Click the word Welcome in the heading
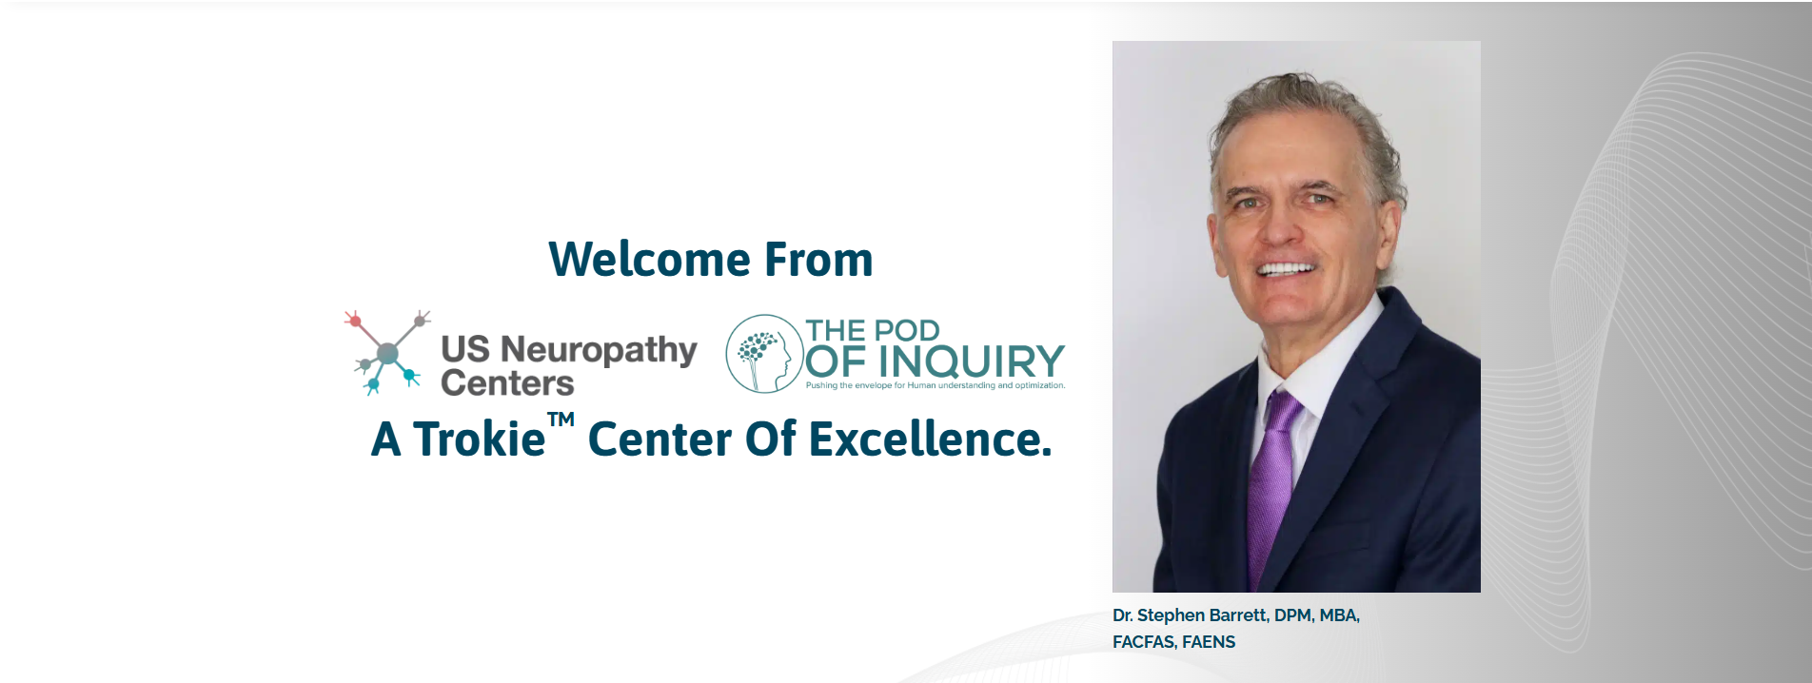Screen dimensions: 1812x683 [x=649, y=260]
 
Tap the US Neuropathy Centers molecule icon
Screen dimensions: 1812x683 [x=386, y=352]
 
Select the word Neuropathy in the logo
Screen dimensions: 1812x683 [x=599, y=351]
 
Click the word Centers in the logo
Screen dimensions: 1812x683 [x=507, y=382]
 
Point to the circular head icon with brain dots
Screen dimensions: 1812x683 [x=764, y=354]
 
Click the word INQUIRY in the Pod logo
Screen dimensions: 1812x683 [x=972, y=361]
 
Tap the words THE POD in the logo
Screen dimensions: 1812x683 [x=873, y=330]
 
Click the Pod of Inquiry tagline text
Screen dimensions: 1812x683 [x=936, y=385]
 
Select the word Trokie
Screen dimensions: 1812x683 [x=479, y=439]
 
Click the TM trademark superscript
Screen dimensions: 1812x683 [x=561, y=420]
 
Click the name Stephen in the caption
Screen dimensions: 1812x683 [x=1171, y=615]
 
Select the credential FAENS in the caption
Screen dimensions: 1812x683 [x=1209, y=642]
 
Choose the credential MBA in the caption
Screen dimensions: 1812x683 [x=1339, y=615]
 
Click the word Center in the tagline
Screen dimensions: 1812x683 [x=660, y=439]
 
